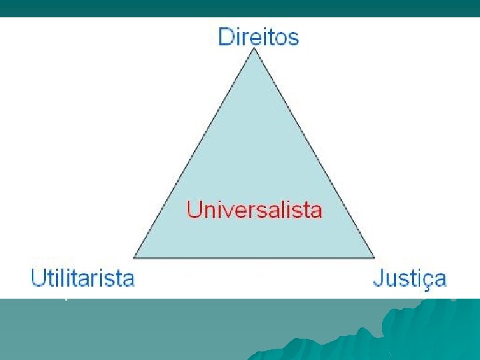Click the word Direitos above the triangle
pos(259,36)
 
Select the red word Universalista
pos(254,210)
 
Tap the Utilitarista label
pos(83,278)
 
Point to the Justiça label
pos(409,279)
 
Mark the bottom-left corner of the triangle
pos(134,258)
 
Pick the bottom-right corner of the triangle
pos(375,258)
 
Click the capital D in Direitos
pos(226,36)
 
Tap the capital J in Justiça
pos(378,278)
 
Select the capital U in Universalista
pos(194,210)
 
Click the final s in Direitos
pos(293,38)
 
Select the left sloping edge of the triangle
pos(194,153)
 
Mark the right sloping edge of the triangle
pos(315,153)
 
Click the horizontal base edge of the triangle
pos(254,258)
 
